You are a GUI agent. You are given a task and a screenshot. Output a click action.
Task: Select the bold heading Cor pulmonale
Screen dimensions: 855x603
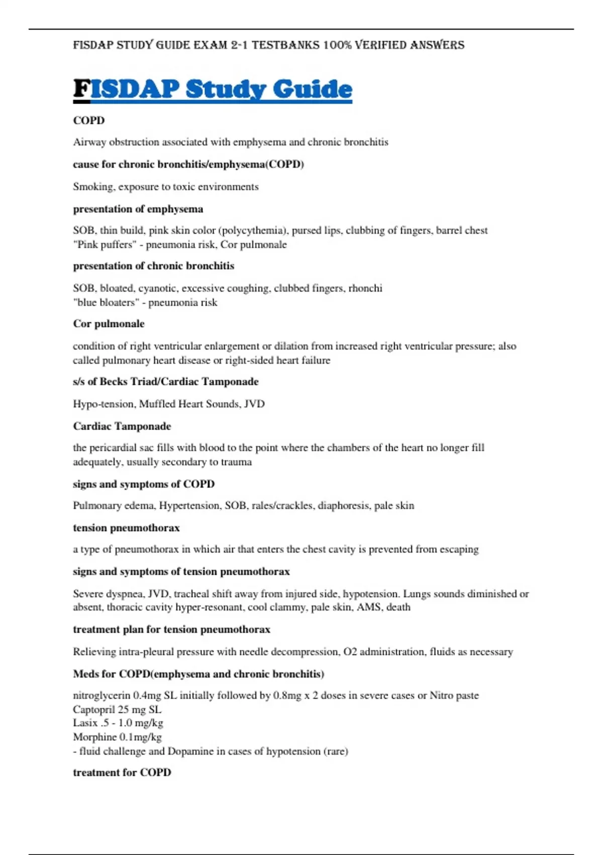109,324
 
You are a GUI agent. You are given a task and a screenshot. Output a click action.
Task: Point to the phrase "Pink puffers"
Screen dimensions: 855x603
105,245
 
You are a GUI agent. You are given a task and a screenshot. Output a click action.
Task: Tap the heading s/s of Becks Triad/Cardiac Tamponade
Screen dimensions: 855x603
165,382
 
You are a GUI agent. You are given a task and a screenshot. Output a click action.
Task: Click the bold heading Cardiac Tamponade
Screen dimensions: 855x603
122,426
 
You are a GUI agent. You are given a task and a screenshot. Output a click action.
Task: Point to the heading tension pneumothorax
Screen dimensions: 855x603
126,528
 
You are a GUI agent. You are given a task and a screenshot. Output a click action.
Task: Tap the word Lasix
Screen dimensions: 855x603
84,723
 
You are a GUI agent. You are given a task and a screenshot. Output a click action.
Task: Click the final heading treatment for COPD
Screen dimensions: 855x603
122,773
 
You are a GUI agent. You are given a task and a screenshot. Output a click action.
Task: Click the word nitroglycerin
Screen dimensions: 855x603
102,696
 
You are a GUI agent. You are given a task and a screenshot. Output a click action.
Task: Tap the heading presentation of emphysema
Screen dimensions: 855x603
138,209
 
